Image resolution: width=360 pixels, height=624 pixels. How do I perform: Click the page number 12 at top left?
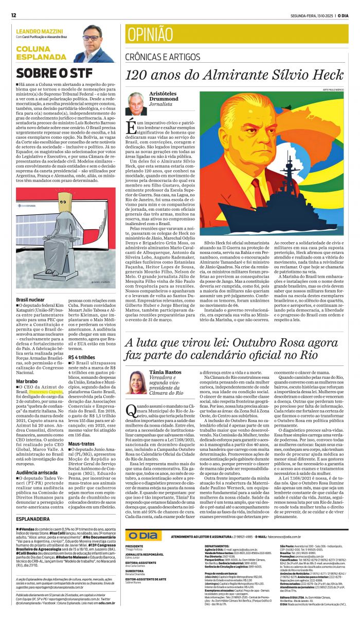(13, 15)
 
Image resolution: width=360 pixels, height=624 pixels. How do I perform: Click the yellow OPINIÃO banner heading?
(150, 34)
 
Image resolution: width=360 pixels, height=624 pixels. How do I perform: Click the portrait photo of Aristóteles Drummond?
(136, 104)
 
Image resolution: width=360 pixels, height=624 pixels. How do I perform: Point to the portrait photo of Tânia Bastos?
(136, 382)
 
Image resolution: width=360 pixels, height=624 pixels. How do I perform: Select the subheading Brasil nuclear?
(30, 299)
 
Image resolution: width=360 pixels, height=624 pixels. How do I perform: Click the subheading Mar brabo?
(27, 381)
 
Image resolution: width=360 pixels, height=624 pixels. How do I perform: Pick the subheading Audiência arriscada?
(37, 472)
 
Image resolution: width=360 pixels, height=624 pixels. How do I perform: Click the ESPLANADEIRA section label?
(33, 519)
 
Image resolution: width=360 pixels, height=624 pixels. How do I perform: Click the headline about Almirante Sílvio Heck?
(235, 76)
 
